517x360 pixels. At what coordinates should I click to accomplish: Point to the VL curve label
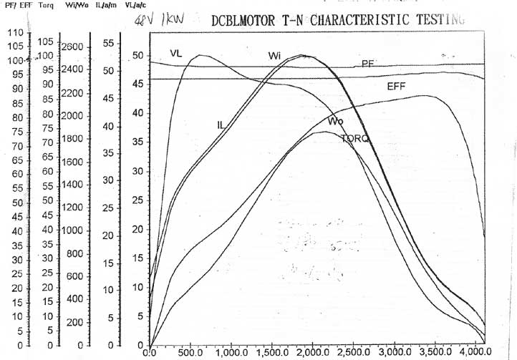177,52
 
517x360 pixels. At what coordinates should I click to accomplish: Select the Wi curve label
275,56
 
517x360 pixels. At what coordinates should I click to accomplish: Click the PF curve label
368,64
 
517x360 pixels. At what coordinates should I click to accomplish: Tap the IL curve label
222,125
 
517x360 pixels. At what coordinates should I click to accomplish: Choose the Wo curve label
336,121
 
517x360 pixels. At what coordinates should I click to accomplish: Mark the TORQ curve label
355,138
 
